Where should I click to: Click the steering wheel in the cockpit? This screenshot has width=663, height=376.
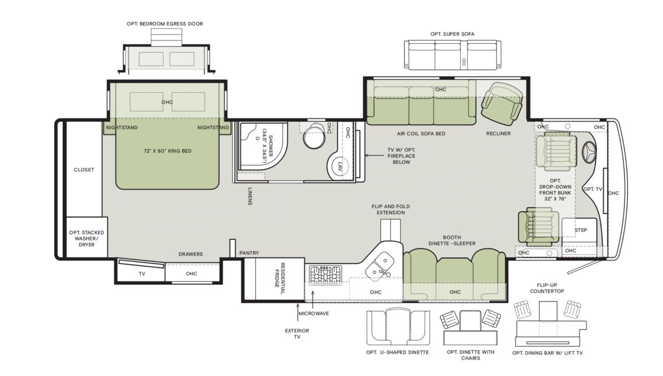(x=589, y=152)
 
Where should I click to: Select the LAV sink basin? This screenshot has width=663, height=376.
(x=340, y=167)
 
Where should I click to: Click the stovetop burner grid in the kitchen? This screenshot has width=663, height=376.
(x=325, y=275)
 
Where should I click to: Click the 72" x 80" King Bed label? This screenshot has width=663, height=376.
(x=167, y=151)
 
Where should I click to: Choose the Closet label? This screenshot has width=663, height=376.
(x=84, y=170)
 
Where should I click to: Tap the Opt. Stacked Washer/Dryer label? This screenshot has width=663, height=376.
(x=86, y=238)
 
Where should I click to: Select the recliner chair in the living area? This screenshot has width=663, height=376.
(x=502, y=103)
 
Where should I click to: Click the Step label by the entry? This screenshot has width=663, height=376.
(x=581, y=230)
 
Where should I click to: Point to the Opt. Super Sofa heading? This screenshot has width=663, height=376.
(x=452, y=34)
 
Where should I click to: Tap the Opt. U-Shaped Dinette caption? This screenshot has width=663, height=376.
(x=397, y=352)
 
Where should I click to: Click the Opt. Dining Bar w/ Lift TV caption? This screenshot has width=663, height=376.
(x=547, y=353)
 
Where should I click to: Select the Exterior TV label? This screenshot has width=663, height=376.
(x=297, y=334)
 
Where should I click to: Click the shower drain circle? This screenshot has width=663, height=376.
(x=257, y=138)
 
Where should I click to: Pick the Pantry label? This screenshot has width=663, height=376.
(x=249, y=253)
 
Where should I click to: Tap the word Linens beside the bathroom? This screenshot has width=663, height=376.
(x=250, y=196)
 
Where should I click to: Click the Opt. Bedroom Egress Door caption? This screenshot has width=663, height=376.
(x=165, y=23)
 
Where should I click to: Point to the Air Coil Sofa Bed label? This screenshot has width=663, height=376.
(x=421, y=134)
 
